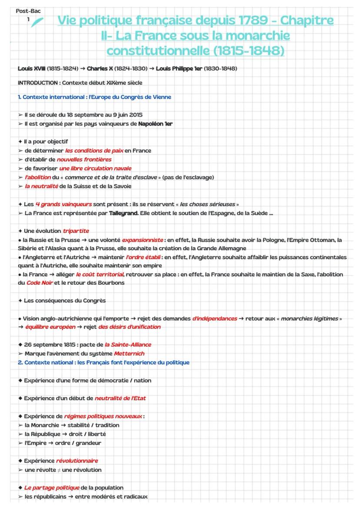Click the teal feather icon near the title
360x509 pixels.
pyautogui.click(x=37, y=21)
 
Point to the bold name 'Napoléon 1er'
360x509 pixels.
pyautogui.click(x=155, y=124)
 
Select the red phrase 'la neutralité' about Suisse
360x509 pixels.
pyautogui.click(x=41, y=186)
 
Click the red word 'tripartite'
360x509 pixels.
pyautogui.click(x=76, y=230)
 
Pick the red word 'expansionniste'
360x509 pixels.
pyautogui.click(x=143, y=240)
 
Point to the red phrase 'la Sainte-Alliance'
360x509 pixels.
pyautogui.click(x=128, y=345)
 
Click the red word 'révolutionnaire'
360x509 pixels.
pyautogui.click(x=77, y=461)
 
